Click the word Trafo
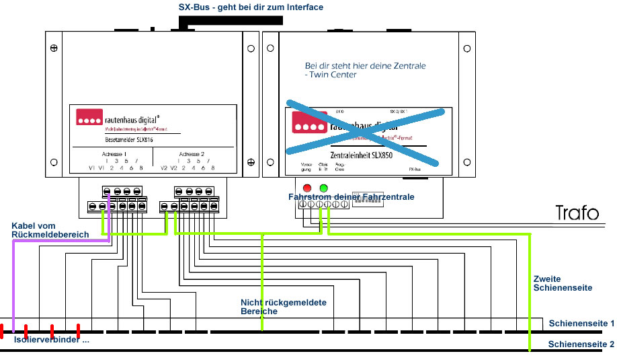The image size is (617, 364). [577, 213]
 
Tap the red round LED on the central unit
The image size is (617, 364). [307, 187]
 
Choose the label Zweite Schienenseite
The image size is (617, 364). [563, 283]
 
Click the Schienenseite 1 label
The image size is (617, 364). [581, 324]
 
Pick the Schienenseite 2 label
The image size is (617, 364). [581, 344]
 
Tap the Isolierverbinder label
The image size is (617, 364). [50, 340]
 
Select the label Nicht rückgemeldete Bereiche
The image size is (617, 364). [283, 307]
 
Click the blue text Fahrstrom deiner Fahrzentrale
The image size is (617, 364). [351, 196]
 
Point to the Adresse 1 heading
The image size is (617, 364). [114, 153]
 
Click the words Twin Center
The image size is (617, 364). [334, 75]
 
